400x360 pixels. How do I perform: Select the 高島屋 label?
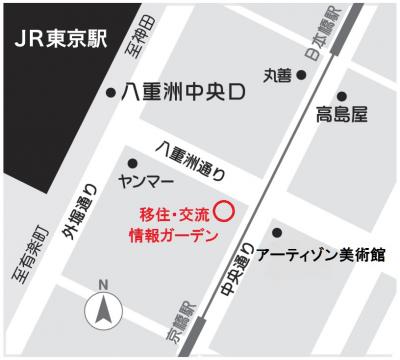(341, 113)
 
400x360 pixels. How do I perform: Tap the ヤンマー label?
(146, 184)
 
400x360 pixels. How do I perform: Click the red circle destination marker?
(225, 212)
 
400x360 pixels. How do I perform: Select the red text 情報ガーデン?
(174, 236)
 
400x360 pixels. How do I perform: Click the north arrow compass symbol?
(102, 310)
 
